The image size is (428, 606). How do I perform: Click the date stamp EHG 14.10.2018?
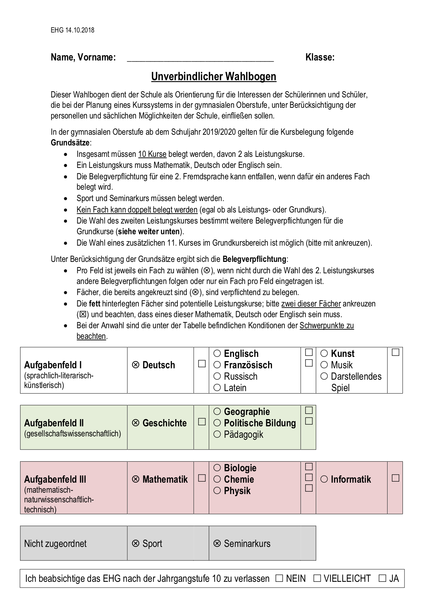pos(72,30)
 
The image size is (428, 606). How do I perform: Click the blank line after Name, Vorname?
pos(200,58)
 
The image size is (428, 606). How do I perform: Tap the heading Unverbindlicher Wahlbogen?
pos(214,76)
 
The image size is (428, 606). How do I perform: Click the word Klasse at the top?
pos(320,57)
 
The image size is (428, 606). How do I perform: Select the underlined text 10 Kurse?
pos(152,154)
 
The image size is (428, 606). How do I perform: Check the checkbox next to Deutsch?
pos(202,364)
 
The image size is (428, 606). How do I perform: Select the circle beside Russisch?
pos(217,376)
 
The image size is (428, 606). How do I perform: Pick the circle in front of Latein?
pos(217,388)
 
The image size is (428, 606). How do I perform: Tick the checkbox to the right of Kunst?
pos(395,352)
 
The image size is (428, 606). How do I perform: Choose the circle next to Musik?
pos(324,365)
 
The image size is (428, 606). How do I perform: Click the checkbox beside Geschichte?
pos(202,422)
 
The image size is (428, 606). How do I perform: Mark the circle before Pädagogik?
pos(217,434)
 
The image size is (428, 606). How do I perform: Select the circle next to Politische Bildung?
pos(217,423)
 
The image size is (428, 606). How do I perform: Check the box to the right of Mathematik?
pos(202,478)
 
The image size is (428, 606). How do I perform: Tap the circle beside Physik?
pos(217,491)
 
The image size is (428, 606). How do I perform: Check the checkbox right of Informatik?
pos(395,478)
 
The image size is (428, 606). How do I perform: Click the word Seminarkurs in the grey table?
pos(247,543)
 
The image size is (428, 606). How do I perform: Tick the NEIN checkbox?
pos(279,578)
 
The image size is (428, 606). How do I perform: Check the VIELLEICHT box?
pos(317,578)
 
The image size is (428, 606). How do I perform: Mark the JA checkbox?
pos(382,578)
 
